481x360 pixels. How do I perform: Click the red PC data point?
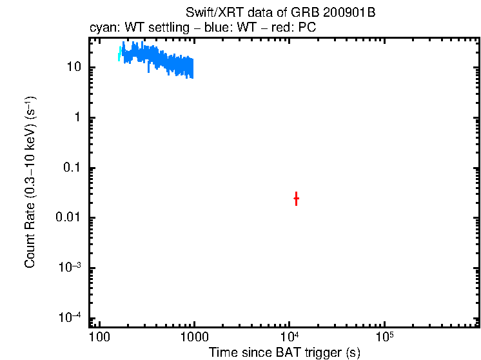(296, 199)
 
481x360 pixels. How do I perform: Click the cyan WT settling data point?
(120, 54)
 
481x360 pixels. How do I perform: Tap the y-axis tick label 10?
(73, 67)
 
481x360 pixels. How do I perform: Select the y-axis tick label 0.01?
(68, 218)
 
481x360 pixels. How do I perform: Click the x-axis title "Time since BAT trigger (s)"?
(284, 352)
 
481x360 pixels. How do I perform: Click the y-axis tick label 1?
(77, 117)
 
